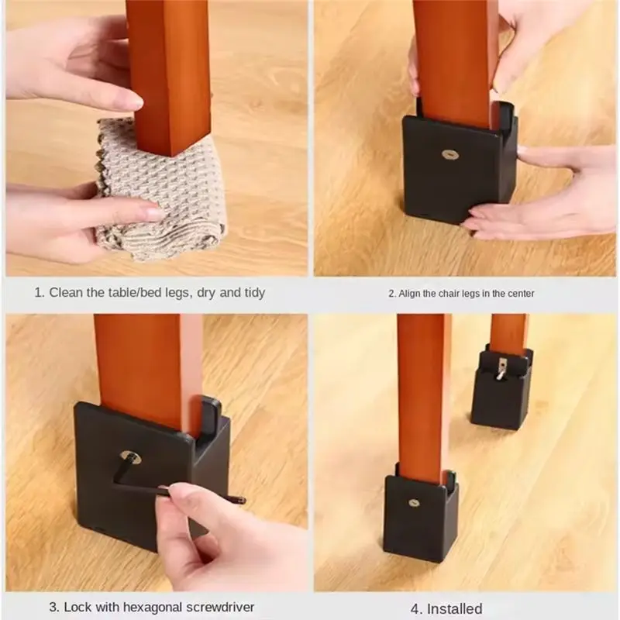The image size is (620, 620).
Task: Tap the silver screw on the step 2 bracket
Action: coord(450,154)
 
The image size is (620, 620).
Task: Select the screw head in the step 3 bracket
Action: coord(130,457)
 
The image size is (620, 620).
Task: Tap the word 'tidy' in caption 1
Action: coord(253,292)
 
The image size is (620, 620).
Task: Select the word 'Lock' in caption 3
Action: coord(77,607)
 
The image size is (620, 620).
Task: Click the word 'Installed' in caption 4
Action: coord(451,608)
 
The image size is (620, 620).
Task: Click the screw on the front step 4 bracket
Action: coord(415,502)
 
